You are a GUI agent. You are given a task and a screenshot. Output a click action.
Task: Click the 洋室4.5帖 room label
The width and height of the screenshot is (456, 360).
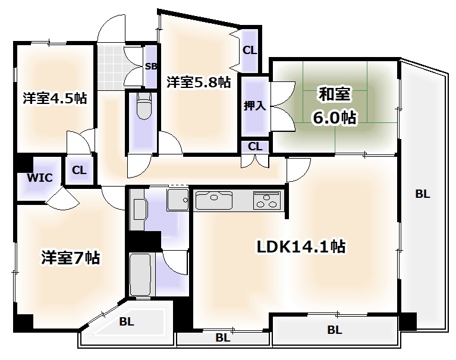[x=55, y=98]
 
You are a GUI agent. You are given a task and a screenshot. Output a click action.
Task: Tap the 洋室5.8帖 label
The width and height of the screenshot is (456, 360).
[x=198, y=82]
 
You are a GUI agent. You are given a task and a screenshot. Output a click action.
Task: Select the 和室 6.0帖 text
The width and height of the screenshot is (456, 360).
[x=335, y=106]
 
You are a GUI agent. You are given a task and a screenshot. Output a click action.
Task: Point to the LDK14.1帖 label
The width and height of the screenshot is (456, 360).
[x=301, y=245]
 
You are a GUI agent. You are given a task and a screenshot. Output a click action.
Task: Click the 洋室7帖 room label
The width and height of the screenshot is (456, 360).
[x=70, y=258]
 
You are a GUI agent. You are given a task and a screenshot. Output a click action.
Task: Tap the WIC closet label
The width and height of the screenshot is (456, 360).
[x=40, y=178]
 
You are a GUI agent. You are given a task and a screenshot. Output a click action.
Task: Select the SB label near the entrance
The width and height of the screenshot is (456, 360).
[x=150, y=66]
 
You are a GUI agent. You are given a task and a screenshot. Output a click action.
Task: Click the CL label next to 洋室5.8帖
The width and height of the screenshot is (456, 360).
[x=250, y=50]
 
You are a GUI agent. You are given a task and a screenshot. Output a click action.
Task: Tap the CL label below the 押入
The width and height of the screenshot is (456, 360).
[x=255, y=146]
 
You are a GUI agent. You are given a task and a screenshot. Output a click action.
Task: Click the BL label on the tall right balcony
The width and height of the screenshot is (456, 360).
[x=423, y=194]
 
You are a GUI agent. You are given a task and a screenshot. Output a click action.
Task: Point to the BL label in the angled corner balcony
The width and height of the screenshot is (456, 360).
[x=126, y=323]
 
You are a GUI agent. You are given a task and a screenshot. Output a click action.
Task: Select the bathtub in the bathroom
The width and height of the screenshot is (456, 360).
[x=140, y=274]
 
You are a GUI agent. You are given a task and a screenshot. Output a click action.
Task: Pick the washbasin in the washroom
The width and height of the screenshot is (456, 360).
[x=139, y=209]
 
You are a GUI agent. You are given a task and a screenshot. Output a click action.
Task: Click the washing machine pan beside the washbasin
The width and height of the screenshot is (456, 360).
[x=176, y=200]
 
